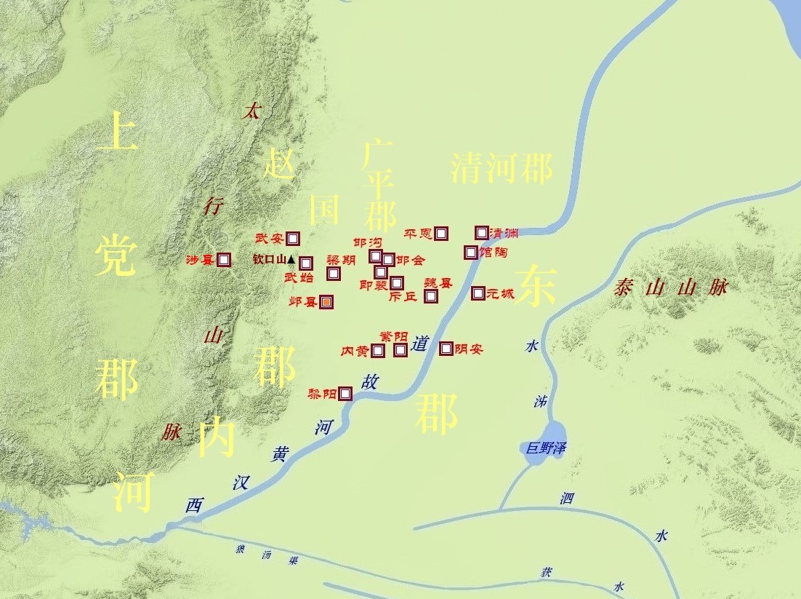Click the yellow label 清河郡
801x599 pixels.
501,168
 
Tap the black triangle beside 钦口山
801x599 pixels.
291,259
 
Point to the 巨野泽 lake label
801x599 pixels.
546,448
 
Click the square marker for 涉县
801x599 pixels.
224,260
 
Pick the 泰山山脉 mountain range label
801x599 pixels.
669,287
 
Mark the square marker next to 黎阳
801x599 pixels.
345,394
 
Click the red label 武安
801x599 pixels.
269,238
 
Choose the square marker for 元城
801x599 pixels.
478,293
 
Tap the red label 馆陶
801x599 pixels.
494,253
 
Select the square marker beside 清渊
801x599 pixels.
481,233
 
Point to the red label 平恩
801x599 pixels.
418,234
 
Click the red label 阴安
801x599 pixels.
469,349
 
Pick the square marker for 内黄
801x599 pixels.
378,351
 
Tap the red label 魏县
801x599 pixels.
438,283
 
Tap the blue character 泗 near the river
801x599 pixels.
567,499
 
